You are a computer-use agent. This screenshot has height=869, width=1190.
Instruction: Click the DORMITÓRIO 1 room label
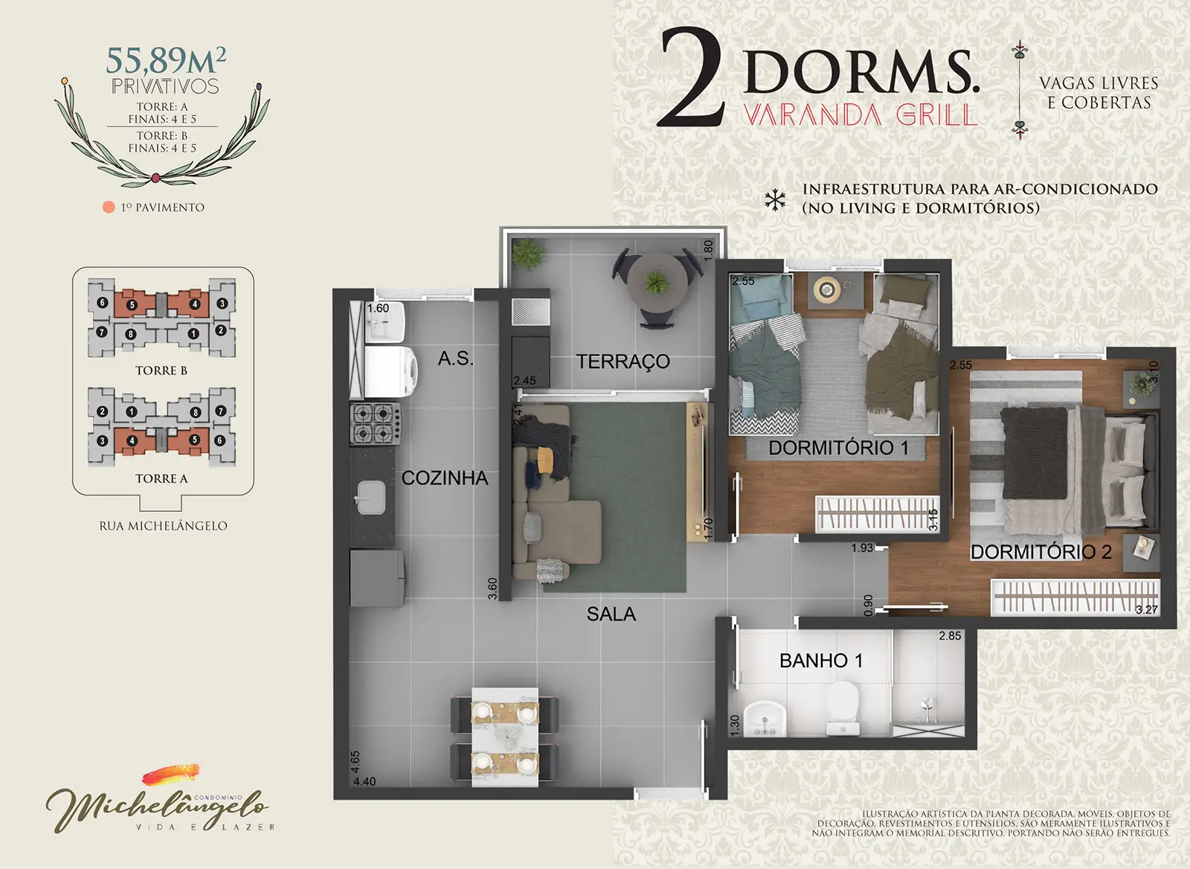838,448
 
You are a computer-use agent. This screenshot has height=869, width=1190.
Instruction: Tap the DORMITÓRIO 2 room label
1041,552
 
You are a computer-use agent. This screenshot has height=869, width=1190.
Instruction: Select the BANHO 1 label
821,661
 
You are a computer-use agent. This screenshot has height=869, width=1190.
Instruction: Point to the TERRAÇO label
623,362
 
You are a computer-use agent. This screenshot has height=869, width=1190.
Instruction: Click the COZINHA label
445,478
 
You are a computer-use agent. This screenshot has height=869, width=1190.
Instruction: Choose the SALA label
611,614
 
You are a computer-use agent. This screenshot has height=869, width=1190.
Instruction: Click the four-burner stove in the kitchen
375,423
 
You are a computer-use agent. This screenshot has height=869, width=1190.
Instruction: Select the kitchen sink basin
371,498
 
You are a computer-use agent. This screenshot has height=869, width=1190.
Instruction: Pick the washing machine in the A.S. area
391,371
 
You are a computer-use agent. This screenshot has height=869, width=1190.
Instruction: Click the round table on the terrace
657,282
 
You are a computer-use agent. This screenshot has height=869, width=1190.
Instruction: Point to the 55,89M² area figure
166,60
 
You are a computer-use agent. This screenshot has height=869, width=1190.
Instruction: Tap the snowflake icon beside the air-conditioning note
775,200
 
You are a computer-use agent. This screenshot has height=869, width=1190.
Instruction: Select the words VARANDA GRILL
860,115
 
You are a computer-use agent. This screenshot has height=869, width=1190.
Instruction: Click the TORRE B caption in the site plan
161,371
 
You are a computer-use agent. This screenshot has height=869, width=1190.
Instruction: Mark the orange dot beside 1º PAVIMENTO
109,208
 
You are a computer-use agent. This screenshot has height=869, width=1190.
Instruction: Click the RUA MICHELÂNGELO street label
163,526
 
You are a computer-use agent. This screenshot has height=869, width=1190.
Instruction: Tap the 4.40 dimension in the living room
364,781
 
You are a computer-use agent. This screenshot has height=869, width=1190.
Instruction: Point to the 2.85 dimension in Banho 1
950,635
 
